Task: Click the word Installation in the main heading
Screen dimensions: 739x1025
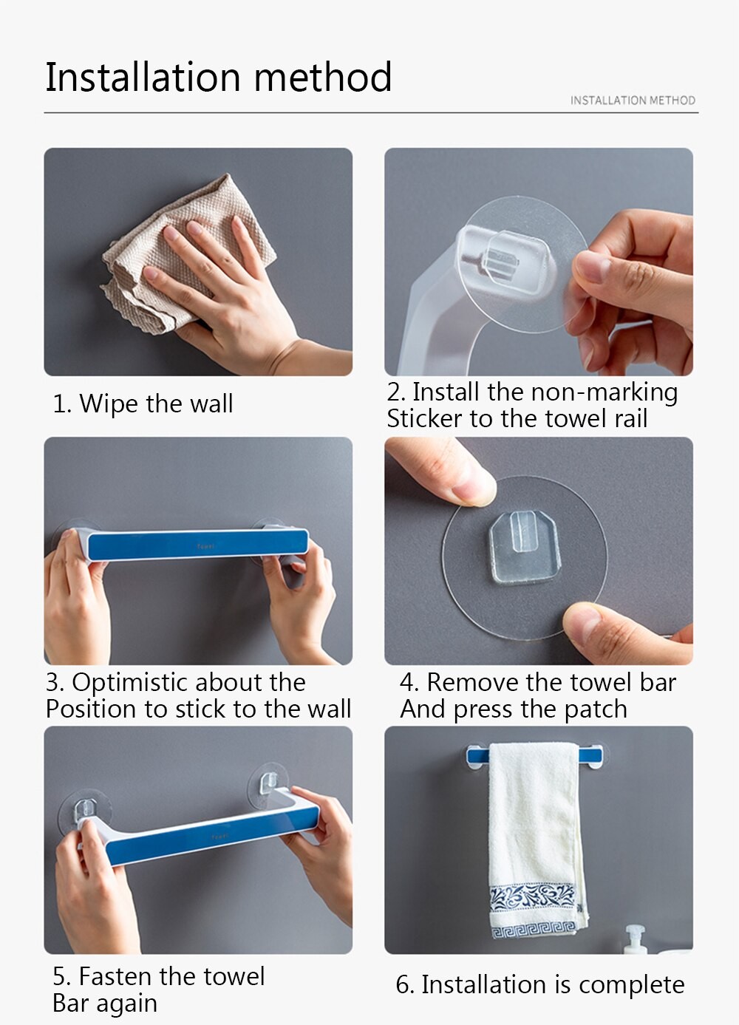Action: [x=143, y=76]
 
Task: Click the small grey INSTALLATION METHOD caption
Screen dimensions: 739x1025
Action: [x=633, y=101]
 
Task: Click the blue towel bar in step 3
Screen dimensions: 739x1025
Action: [x=197, y=545]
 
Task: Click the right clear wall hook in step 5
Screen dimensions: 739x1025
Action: [x=268, y=783]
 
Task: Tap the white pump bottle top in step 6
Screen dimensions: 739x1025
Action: [x=635, y=933]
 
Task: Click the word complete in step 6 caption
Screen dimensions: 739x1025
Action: [x=631, y=985]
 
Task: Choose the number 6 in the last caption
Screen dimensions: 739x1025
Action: [x=402, y=985]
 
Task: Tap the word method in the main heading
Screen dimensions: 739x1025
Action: [x=323, y=76]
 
